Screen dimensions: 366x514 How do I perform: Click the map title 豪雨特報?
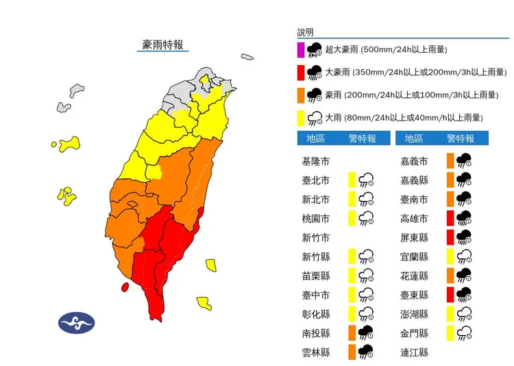(162, 45)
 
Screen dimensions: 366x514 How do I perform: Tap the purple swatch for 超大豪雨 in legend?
(300, 49)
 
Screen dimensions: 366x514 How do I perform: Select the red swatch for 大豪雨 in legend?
(300, 72)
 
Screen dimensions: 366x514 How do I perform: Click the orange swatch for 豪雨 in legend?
(300, 95)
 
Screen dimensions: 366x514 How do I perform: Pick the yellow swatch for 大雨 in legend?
(300, 117)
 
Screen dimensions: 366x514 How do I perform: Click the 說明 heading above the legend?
(306, 32)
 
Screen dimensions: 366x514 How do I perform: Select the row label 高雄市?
(415, 219)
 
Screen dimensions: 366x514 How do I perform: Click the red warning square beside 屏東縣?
(449, 238)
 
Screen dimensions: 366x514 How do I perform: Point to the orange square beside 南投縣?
(351, 333)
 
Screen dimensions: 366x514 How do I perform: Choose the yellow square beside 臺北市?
(351, 181)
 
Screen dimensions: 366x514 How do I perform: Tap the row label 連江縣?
(415, 352)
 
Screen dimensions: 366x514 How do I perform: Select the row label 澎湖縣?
(415, 314)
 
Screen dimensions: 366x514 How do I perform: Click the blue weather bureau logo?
(76, 323)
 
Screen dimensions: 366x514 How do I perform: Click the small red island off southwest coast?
(125, 287)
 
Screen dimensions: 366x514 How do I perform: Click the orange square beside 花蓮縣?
(449, 276)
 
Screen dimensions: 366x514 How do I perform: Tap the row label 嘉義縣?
(415, 181)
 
